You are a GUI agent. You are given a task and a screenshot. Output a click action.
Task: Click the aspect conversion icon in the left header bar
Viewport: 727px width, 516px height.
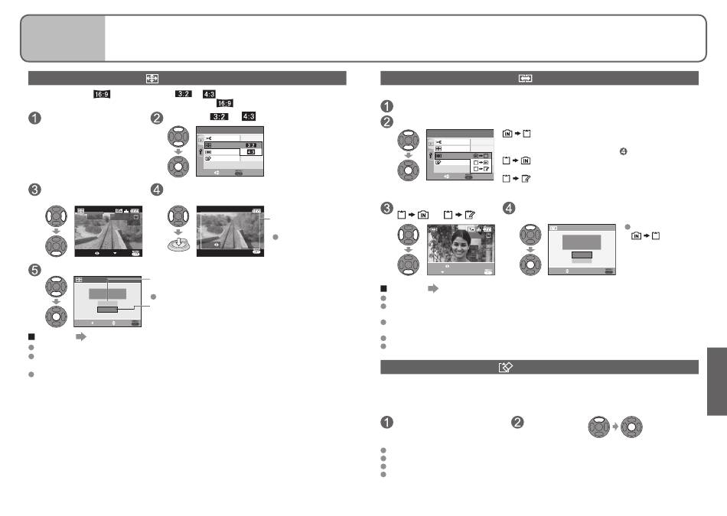[x=152, y=78]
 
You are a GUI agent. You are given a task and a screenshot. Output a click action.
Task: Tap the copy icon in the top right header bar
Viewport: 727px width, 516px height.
[x=525, y=78]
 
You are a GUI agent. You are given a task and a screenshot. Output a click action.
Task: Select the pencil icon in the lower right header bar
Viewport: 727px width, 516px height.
[x=505, y=367]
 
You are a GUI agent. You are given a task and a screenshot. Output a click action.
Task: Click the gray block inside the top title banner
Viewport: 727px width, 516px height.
[x=63, y=38]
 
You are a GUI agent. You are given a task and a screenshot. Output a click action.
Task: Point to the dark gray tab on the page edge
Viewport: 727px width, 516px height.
[x=717, y=381]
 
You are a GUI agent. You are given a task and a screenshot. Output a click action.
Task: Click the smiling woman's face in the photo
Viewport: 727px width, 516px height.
[x=461, y=245]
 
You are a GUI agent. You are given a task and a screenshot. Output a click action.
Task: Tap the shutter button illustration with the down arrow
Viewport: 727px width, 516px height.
[x=178, y=244]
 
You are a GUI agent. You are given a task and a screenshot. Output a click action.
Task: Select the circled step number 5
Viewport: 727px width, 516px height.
[x=34, y=270]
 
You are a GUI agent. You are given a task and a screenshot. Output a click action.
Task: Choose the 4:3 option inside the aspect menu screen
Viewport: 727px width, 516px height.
[x=251, y=152]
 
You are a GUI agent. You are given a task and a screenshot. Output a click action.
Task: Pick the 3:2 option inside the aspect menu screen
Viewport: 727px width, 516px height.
[x=251, y=145]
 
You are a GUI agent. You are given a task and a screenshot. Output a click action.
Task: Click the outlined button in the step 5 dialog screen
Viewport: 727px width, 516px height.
[x=108, y=310]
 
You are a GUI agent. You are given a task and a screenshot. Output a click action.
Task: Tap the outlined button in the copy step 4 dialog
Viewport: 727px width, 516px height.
[x=582, y=255]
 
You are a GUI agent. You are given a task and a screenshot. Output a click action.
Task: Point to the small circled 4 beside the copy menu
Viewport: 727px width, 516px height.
[x=623, y=151]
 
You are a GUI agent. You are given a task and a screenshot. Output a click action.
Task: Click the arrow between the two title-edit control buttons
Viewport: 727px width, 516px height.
[x=615, y=427]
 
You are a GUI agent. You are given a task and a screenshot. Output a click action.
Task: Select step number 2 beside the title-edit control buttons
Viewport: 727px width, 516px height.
[x=517, y=423]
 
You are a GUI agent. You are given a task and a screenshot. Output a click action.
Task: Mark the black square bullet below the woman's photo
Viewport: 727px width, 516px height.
[x=383, y=288]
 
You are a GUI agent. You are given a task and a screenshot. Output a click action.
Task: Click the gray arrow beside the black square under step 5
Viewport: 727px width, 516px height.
[x=81, y=337]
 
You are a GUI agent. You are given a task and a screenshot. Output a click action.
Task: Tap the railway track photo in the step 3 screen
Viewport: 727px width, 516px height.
[x=109, y=232]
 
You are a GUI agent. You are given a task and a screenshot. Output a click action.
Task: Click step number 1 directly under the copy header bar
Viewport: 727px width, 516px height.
[x=386, y=106]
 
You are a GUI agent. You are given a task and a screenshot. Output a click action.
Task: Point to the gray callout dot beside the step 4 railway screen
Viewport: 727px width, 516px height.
[x=275, y=237]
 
